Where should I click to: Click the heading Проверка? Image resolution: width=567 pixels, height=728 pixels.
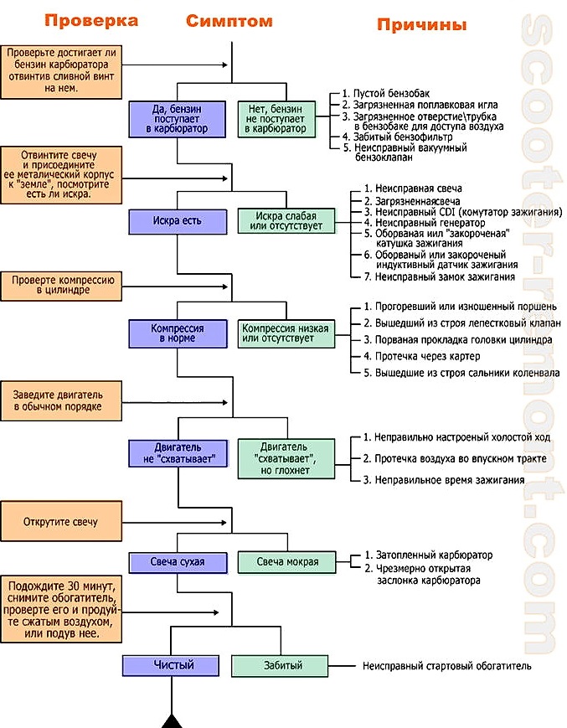(91, 21)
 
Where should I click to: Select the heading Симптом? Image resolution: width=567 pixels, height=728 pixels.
(229, 21)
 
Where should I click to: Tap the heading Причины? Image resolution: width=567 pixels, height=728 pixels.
(421, 25)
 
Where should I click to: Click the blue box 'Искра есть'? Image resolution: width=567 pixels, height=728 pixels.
(177, 221)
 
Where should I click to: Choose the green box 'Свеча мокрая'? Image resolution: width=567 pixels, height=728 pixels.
(287, 562)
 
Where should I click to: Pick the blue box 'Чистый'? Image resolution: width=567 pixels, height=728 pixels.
(173, 665)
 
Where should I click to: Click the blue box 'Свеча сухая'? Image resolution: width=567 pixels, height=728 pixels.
(177, 561)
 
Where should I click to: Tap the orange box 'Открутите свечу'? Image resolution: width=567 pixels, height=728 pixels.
(61, 522)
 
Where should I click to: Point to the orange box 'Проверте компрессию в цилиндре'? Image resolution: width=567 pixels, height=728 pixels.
(61, 285)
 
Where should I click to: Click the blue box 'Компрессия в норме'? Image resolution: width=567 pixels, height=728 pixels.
(177, 333)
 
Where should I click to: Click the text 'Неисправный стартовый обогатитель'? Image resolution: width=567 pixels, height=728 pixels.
(446, 667)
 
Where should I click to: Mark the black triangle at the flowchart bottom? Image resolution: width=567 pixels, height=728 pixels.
(173, 720)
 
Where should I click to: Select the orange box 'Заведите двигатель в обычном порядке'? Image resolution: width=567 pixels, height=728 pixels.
(61, 400)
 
